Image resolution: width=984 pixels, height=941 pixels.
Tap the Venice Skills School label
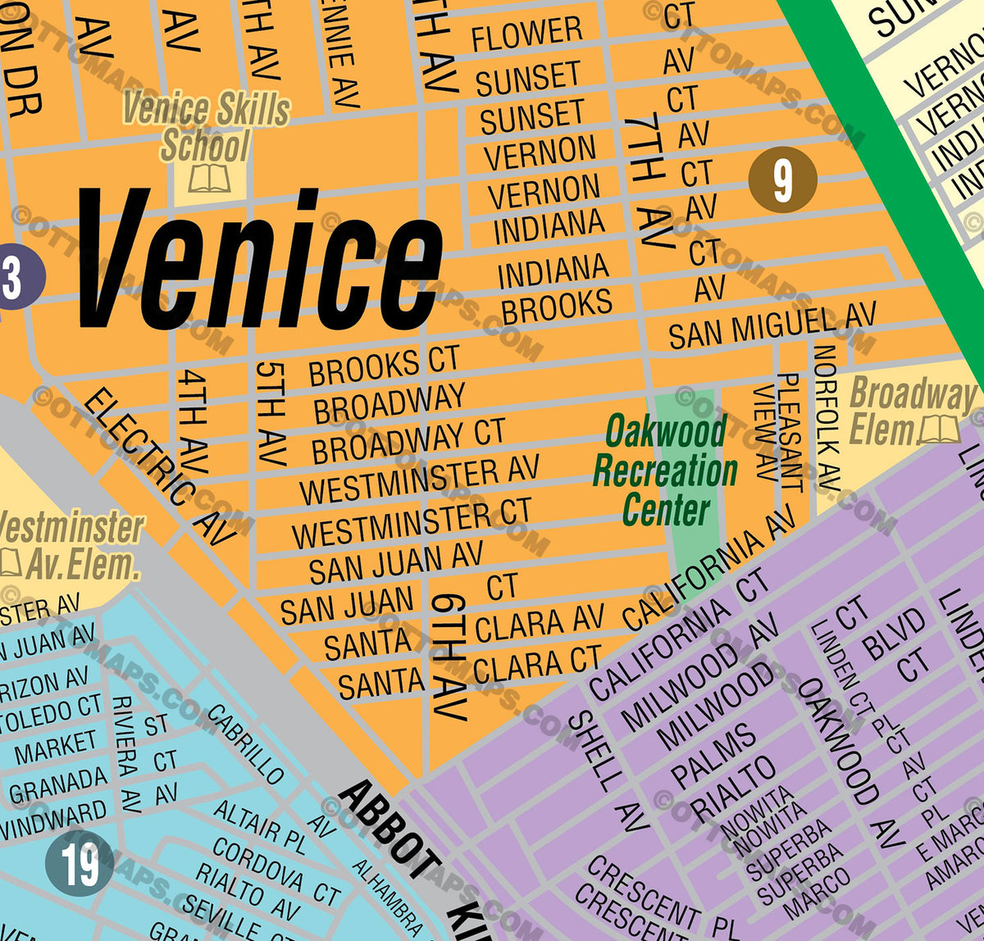point(206,127)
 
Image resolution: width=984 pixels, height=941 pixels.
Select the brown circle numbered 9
point(782,180)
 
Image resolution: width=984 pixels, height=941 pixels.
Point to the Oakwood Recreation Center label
point(665,470)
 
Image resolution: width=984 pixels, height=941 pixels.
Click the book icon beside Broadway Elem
point(939,429)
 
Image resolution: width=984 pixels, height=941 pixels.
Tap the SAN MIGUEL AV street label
point(772,325)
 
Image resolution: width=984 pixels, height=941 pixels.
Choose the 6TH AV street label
point(449,656)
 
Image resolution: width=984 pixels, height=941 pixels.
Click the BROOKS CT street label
point(384,366)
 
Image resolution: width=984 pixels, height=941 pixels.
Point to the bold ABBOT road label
point(390,829)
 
